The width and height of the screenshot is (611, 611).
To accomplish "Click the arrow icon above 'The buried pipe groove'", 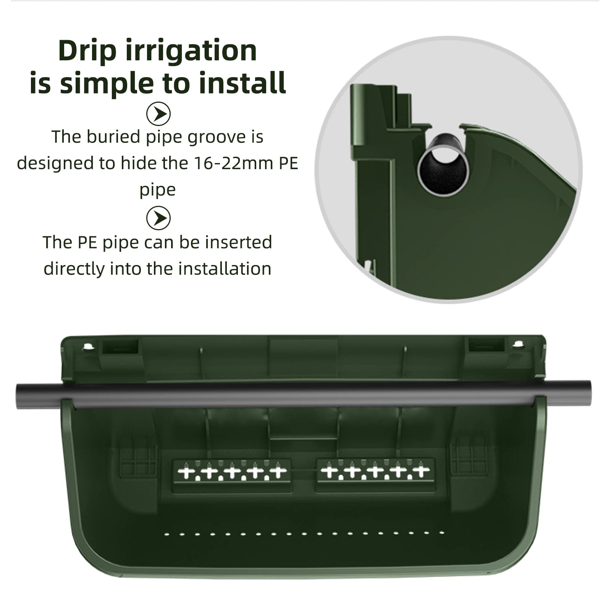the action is coord(158,114).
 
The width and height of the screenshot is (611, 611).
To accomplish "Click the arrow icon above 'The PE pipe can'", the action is coord(158,218).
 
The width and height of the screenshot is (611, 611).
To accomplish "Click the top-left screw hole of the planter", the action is coord(88,347).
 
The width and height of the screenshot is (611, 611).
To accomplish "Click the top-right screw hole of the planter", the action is coord(518,345).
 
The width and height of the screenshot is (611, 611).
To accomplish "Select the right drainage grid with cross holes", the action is coord(375,472).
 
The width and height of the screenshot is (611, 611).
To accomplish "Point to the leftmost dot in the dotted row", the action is coord(166,534).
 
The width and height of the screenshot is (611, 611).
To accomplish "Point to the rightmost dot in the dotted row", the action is coord(442,532).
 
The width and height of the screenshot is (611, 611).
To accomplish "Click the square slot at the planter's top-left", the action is coord(120,347).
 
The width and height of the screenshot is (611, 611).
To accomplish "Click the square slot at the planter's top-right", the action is coord(487,344).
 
